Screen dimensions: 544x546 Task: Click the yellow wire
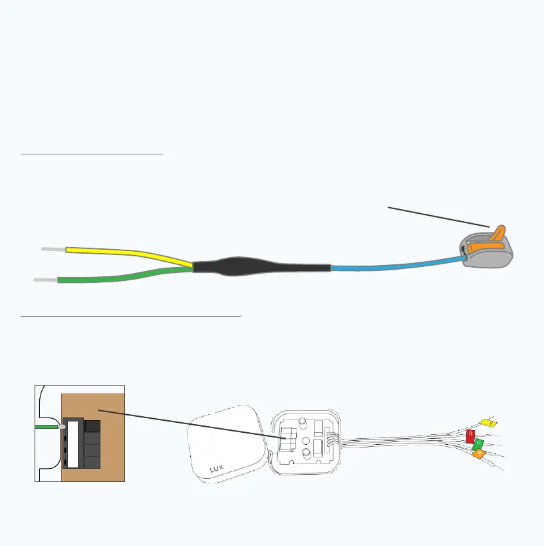pyautogui.click(x=126, y=253)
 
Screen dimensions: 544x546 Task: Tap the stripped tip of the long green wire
pyautogui.click(x=45, y=280)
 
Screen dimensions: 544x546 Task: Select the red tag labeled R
pyautogui.click(x=471, y=436)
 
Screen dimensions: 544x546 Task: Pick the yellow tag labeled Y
pyautogui.click(x=488, y=423)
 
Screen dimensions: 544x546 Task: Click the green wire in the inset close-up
pyautogui.click(x=48, y=424)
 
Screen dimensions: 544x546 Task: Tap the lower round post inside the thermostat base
pyautogui.click(x=307, y=455)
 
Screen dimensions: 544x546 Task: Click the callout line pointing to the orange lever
pyautogui.click(x=439, y=216)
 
